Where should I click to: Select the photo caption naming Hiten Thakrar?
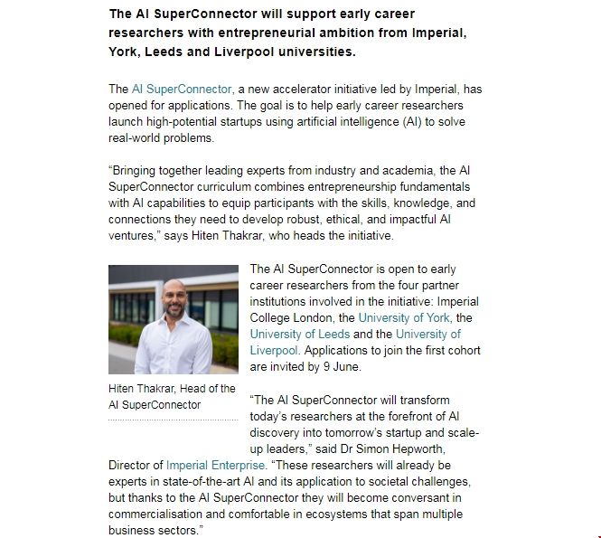click(172, 396)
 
